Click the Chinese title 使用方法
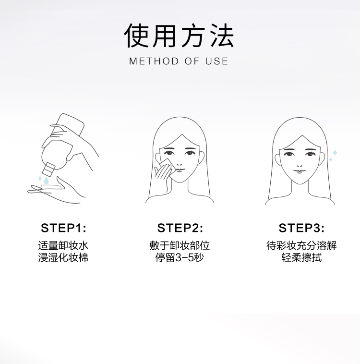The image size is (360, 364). (x=179, y=36)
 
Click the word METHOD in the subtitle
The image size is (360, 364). (x=154, y=61)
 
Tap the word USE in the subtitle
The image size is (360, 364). (x=216, y=61)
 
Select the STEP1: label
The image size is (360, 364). (x=63, y=228)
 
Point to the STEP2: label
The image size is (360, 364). (x=180, y=228)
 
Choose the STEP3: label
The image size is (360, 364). (x=301, y=228)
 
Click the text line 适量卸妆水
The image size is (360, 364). (x=63, y=245)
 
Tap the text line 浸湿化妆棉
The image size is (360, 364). (x=63, y=258)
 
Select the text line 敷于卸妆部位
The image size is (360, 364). (x=180, y=245)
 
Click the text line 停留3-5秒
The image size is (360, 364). (x=180, y=258)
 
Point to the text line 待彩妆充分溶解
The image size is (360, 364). (x=301, y=245)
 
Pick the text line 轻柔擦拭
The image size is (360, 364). (x=301, y=258)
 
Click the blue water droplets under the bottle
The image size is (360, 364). (x=44, y=180)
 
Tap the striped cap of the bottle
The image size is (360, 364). (x=49, y=169)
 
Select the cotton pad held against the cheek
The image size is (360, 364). (x=167, y=165)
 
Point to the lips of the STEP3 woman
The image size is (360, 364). (x=300, y=171)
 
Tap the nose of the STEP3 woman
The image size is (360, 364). (x=300, y=166)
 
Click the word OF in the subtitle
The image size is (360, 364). (x=192, y=61)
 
